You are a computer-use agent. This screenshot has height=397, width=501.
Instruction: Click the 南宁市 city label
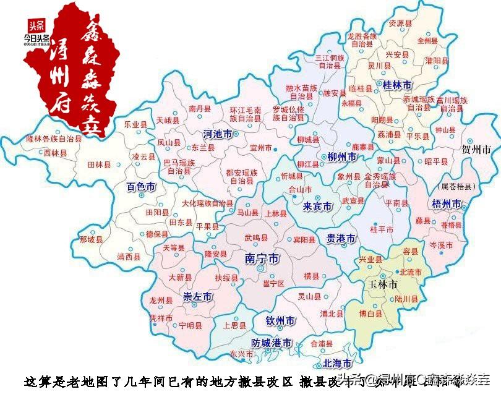pyautogui.click(x=262, y=257)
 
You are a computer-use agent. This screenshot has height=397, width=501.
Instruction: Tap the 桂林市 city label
pyautogui.click(x=399, y=84)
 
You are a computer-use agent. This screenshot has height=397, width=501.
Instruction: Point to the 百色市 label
pyautogui.click(x=140, y=186)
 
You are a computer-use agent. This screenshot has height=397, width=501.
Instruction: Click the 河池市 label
pyautogui.click(x=218, y=134)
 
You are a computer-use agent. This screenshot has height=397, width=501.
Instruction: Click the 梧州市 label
pyautogui.click(x=446, y=203)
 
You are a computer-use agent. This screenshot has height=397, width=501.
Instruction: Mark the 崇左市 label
pyautogui.click(x=197, y=297)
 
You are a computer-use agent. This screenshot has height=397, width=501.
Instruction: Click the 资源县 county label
pyautogui.click(x=400, y=23)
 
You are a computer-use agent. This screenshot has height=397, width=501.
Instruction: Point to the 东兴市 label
pyautogui.click(x=241, y=354)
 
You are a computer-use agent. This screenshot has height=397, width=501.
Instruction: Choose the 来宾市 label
pyautogui.click(x=318, y=205)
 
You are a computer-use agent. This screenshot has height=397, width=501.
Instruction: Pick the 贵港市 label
pyautogui.click(x=341, y=238)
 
